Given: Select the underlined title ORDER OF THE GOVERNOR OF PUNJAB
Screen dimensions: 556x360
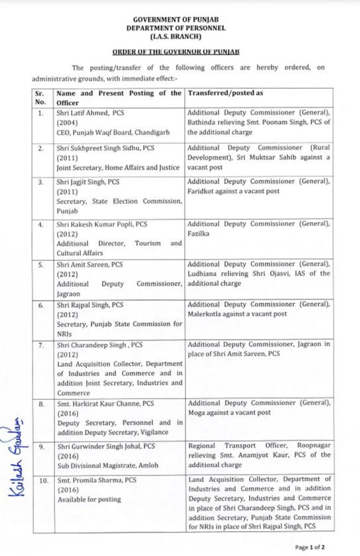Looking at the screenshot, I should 176,52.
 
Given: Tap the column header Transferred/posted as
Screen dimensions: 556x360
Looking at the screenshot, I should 225,93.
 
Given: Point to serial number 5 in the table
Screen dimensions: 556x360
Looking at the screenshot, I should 41,264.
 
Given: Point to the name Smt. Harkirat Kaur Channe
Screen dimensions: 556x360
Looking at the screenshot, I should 98,403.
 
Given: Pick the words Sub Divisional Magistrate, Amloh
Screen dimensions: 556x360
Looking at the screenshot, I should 102,465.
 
